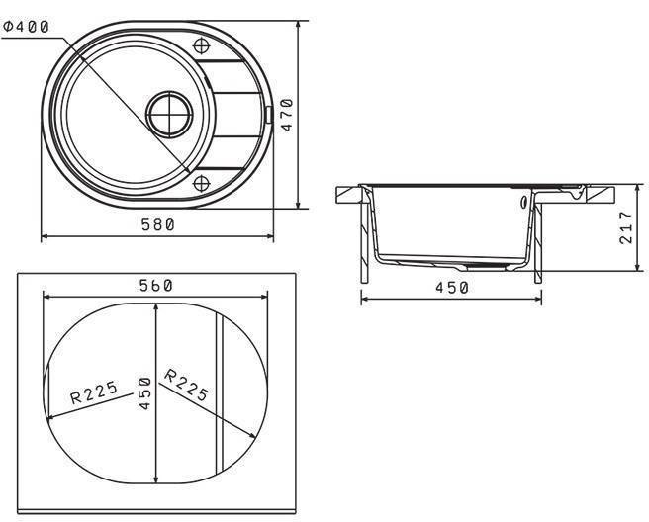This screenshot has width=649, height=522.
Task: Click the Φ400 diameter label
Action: tap(26, 27)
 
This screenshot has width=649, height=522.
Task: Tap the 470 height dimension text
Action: tap(287, 115)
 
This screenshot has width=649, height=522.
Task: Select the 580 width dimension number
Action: tap(158, 225)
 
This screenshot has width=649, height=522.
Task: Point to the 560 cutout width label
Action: tap(155, 286)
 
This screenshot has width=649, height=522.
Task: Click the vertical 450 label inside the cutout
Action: tap(144, 393)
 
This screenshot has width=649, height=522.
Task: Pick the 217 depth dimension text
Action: tap(626, 227)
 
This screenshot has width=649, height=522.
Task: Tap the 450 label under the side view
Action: tap(451, 288)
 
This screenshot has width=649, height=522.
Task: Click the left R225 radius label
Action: tap(94, 392)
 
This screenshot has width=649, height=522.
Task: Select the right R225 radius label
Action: tap(186, 386)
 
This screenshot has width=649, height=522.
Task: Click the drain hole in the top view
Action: tap(169, 115)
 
